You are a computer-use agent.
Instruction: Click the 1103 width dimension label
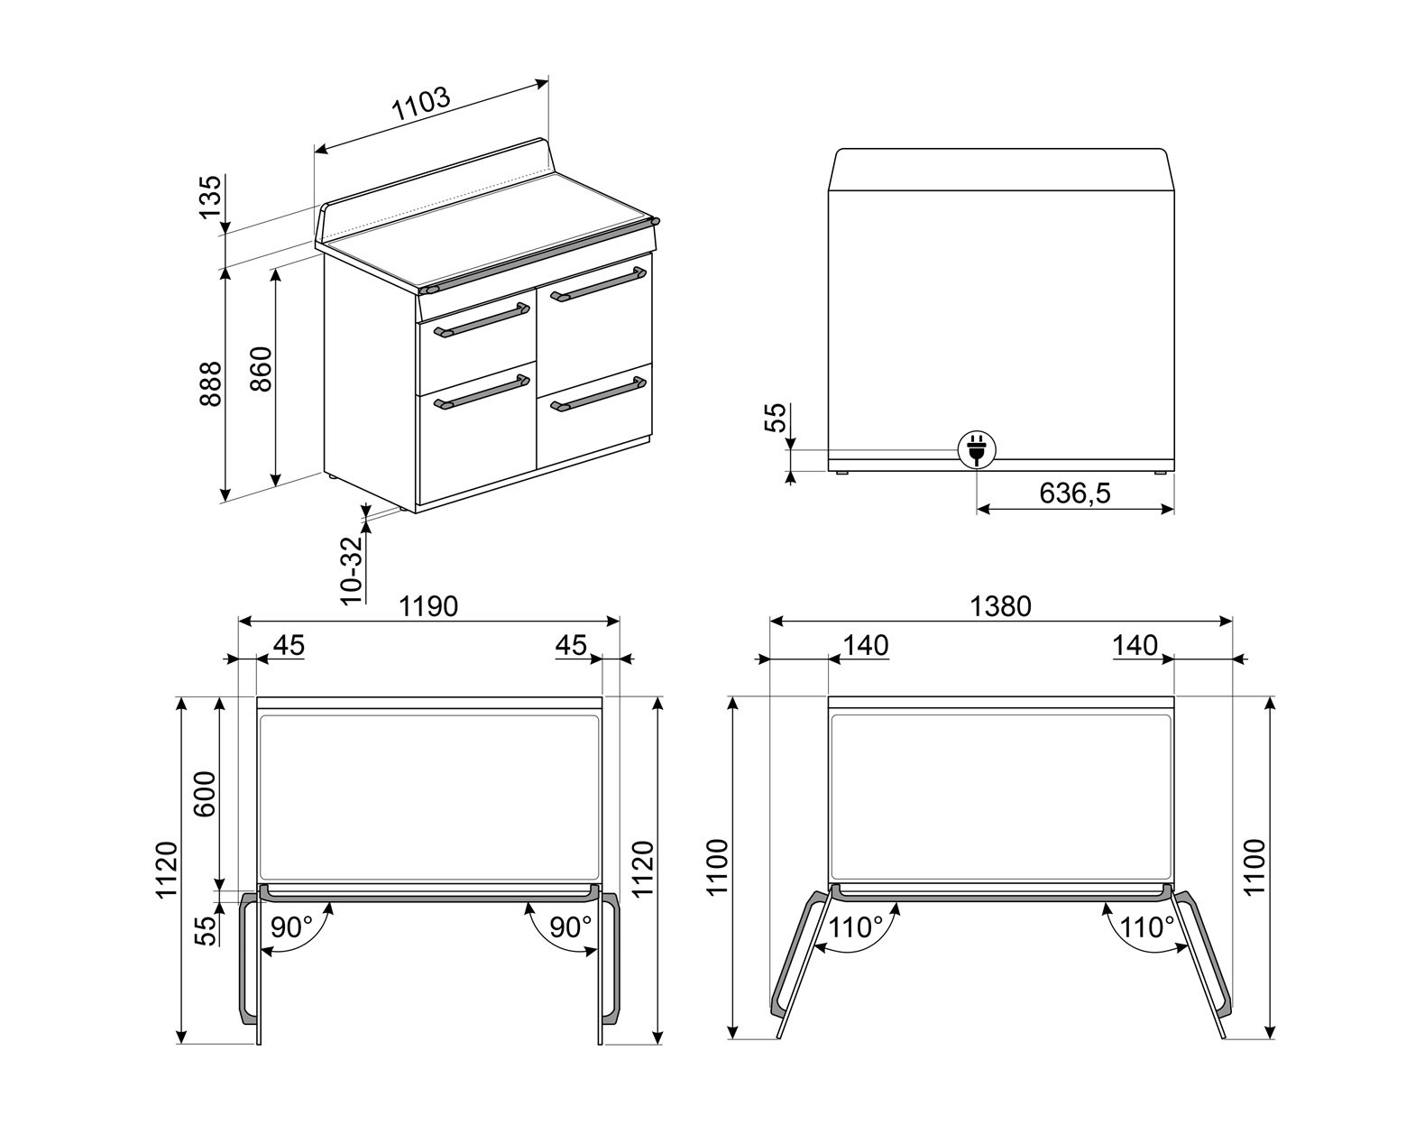coord(421,104)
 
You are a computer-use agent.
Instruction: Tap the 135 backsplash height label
coord(211,198)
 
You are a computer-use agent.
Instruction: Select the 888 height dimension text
coord(211,383)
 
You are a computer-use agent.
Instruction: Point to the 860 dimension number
coord(262,369)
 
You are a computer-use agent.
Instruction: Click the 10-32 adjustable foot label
coord(351,570)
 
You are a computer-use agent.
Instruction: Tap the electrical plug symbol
coord(977,449)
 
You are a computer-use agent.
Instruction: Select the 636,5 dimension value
coord(1075,493)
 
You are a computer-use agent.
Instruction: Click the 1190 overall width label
coord(428,606)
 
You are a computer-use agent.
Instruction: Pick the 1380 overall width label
coord(1000,606)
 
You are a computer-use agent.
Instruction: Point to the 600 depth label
coord(206,794)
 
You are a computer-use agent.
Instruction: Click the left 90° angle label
coord(291,927)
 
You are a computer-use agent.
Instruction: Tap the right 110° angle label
coord(1147,927)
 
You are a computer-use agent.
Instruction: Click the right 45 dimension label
coord(571,645)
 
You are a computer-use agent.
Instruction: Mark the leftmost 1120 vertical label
coord(167,870)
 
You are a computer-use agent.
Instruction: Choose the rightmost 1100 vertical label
coord(1255,867)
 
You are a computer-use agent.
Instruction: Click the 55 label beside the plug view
coord(776,417)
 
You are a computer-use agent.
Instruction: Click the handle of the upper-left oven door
coord(482,320)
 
